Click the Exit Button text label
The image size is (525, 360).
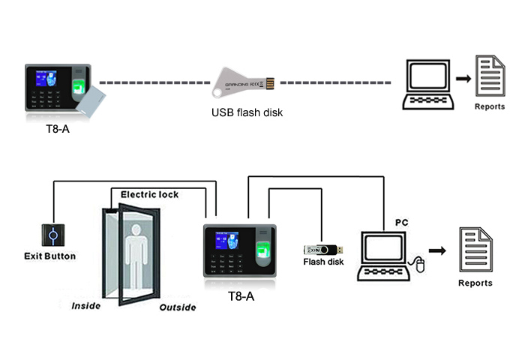49,256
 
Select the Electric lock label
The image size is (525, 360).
149,195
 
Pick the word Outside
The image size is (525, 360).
178,307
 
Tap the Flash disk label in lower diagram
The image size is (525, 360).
323,262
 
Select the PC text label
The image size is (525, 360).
401,223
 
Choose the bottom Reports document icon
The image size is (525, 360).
475,248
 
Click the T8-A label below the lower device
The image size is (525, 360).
241,297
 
